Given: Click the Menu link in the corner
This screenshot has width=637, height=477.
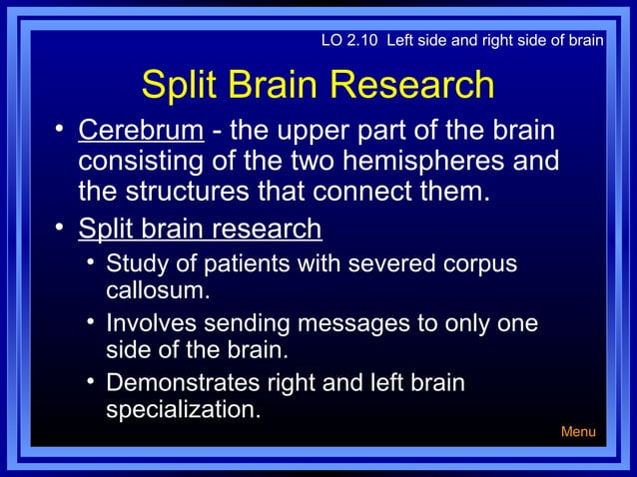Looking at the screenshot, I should click(578, 432).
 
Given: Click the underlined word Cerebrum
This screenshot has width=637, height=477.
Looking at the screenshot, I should click(141, 132).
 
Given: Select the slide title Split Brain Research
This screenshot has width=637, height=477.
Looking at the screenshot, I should click(318, 85).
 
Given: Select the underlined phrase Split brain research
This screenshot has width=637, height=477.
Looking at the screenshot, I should click(200, 229).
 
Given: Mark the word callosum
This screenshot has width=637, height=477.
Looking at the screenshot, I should click(157, 291).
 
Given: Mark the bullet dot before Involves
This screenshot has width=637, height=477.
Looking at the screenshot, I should click(90, 321).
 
